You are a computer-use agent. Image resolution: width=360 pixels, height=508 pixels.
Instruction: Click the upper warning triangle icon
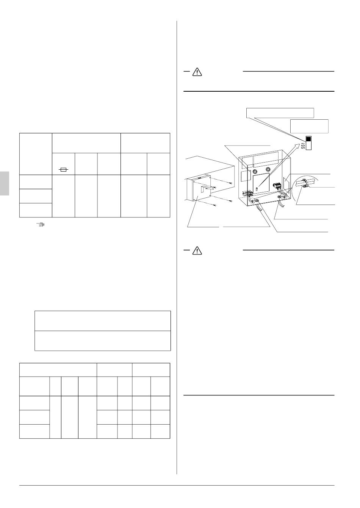coord(197,72)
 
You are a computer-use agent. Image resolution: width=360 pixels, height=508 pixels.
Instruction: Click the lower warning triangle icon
coord(197,251)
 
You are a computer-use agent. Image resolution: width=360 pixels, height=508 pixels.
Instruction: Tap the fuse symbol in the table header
coord(64,169)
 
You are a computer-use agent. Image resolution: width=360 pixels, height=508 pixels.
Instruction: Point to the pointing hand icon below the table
coord(41,225)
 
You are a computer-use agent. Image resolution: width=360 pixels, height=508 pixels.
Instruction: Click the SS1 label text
coord(303,145)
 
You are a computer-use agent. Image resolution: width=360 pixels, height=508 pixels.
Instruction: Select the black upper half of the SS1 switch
coord(308,139)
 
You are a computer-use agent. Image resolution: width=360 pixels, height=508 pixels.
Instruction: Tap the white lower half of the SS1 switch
coord(308,146)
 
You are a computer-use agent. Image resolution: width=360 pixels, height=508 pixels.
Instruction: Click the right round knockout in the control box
coord(269,169)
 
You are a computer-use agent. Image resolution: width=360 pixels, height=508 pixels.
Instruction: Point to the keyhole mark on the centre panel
coord(257,188)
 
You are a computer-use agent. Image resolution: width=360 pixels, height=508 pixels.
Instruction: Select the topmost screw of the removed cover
coord(231,183)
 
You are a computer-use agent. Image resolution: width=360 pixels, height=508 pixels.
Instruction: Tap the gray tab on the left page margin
coord(5,183)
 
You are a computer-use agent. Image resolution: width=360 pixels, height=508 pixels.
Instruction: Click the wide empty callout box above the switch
coord(280,113)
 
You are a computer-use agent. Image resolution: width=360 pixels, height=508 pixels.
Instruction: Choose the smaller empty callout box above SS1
coord(310,126)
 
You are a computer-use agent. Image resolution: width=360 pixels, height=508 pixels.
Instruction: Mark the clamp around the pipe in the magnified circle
coord(304,183)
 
